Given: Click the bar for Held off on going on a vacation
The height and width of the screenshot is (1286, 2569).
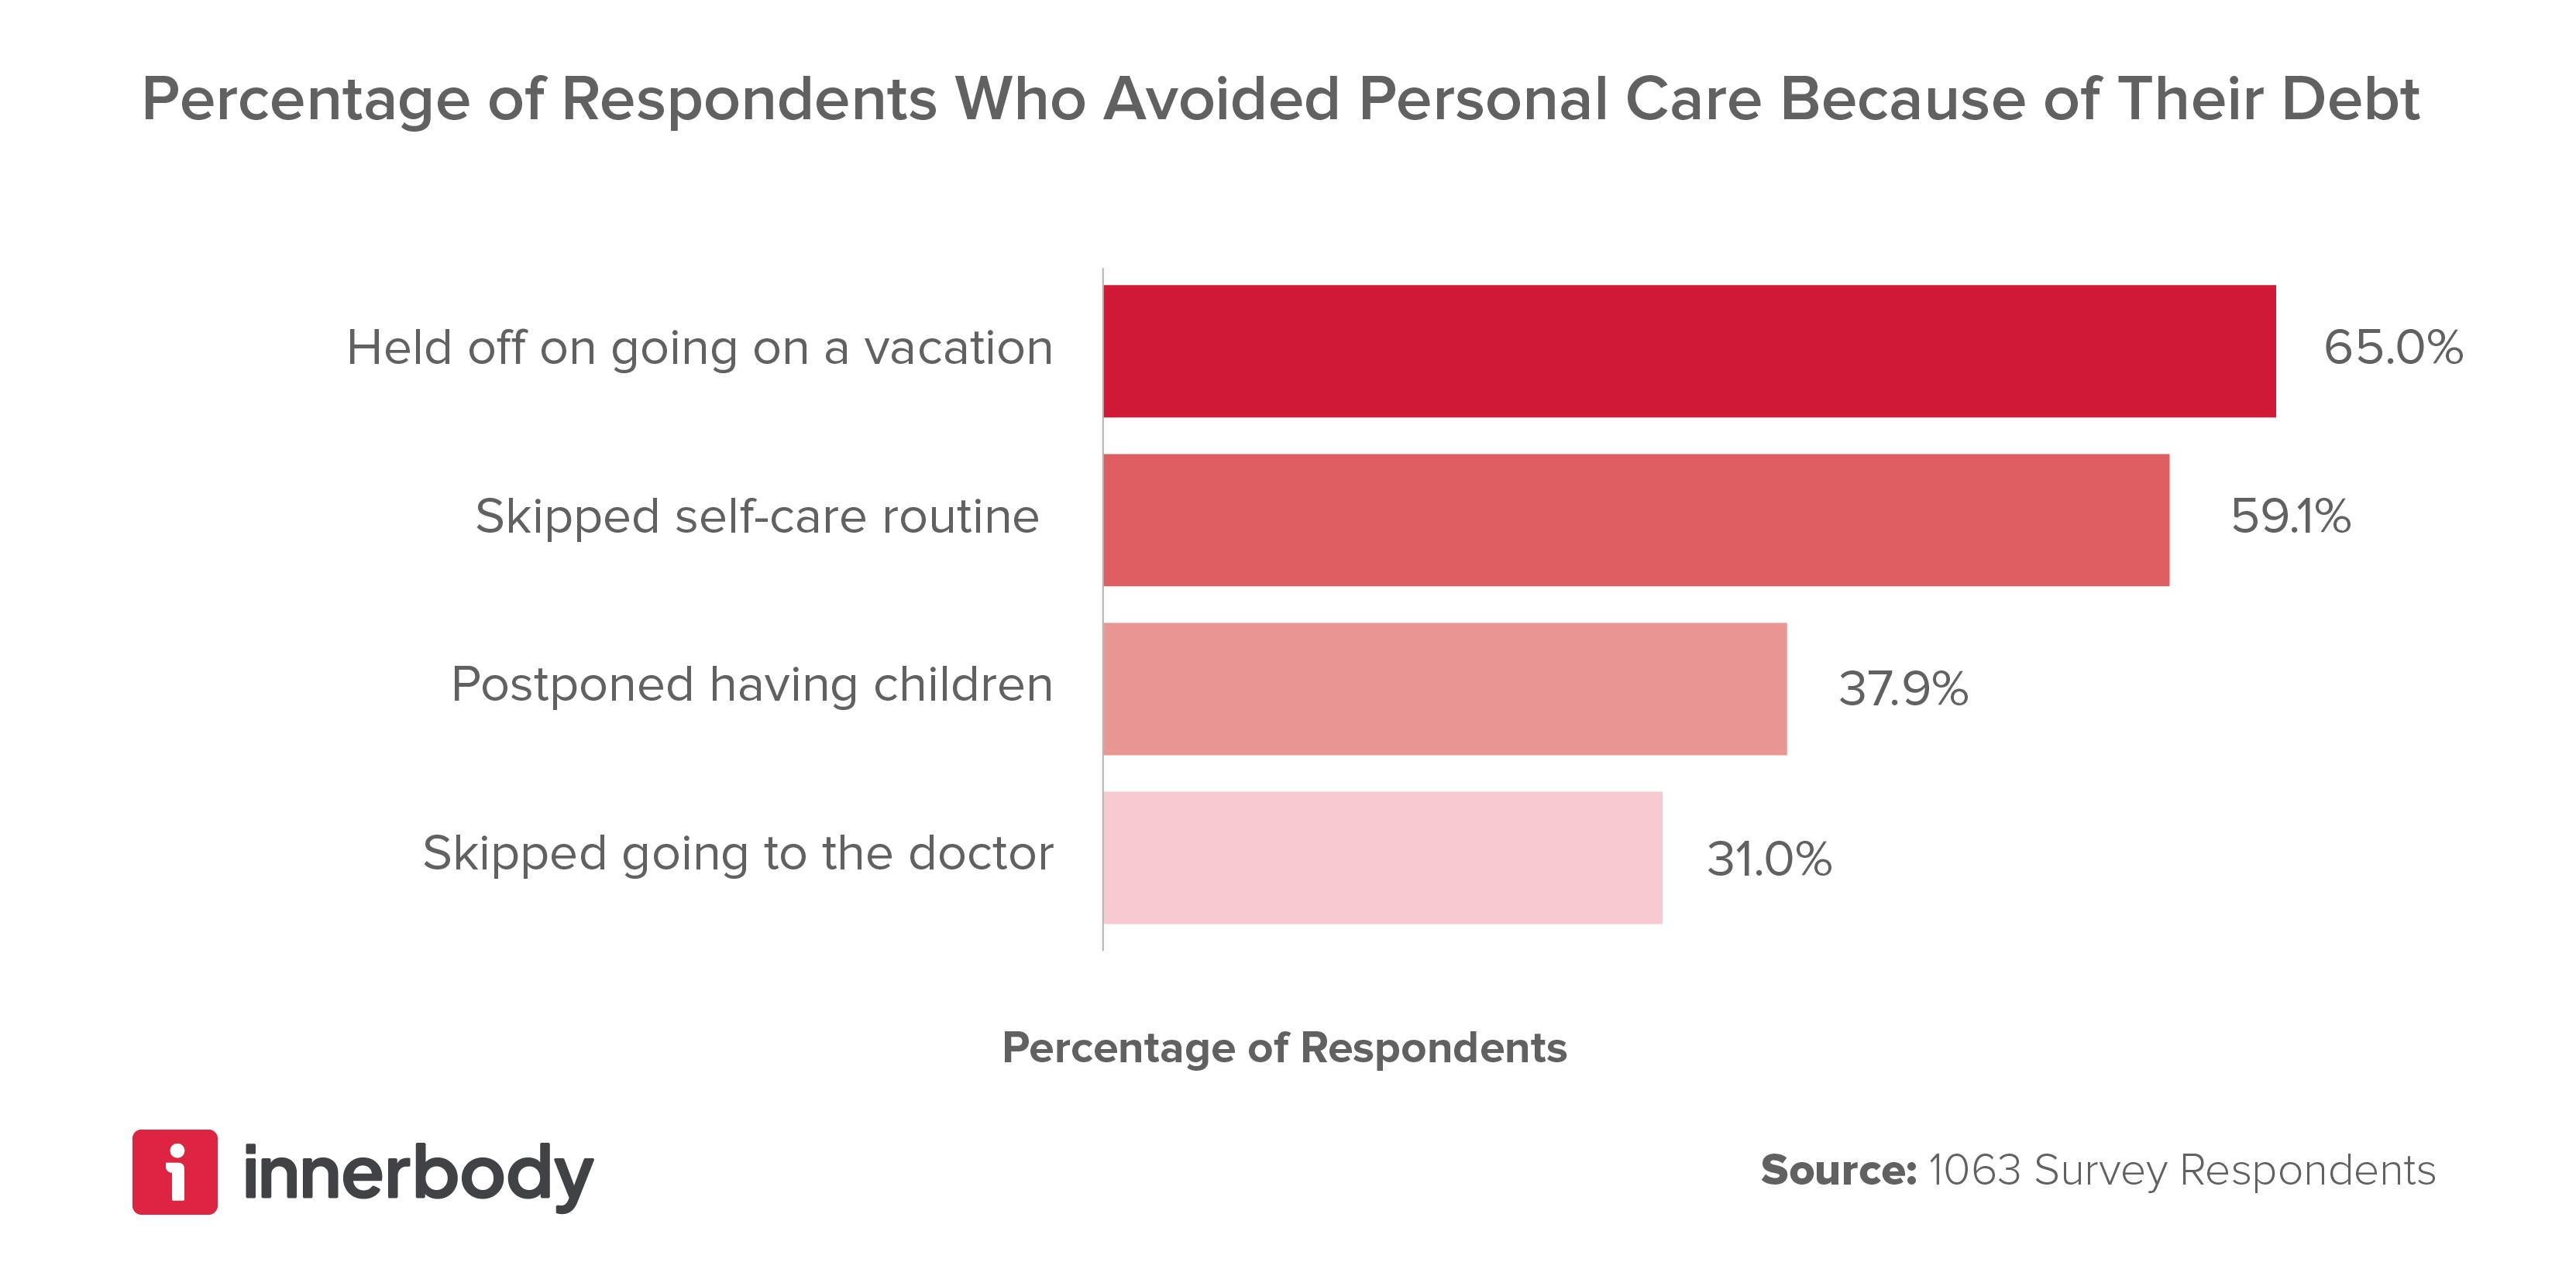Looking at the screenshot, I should coord(1688,351).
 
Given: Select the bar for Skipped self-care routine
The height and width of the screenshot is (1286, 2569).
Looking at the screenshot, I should coord(1635,520).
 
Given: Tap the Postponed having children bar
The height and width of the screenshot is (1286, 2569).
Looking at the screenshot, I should coord(1444,689).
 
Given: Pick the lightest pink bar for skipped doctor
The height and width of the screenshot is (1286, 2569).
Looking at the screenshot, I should coord(1382,857).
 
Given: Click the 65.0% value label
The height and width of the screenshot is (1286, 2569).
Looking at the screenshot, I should coord(2392,348).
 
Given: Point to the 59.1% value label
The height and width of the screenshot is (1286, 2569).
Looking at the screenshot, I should coord(2290,516).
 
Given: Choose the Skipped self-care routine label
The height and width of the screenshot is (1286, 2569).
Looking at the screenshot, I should coord(757,517).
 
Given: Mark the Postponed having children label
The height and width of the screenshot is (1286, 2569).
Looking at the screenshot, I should coord(752,686).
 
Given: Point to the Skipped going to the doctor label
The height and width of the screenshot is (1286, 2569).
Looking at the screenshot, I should coord(738,854).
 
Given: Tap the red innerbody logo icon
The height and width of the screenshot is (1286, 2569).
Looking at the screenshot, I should coord(174,1171).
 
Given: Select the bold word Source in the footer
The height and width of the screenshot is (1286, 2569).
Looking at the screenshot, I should coord(1837,1171).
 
